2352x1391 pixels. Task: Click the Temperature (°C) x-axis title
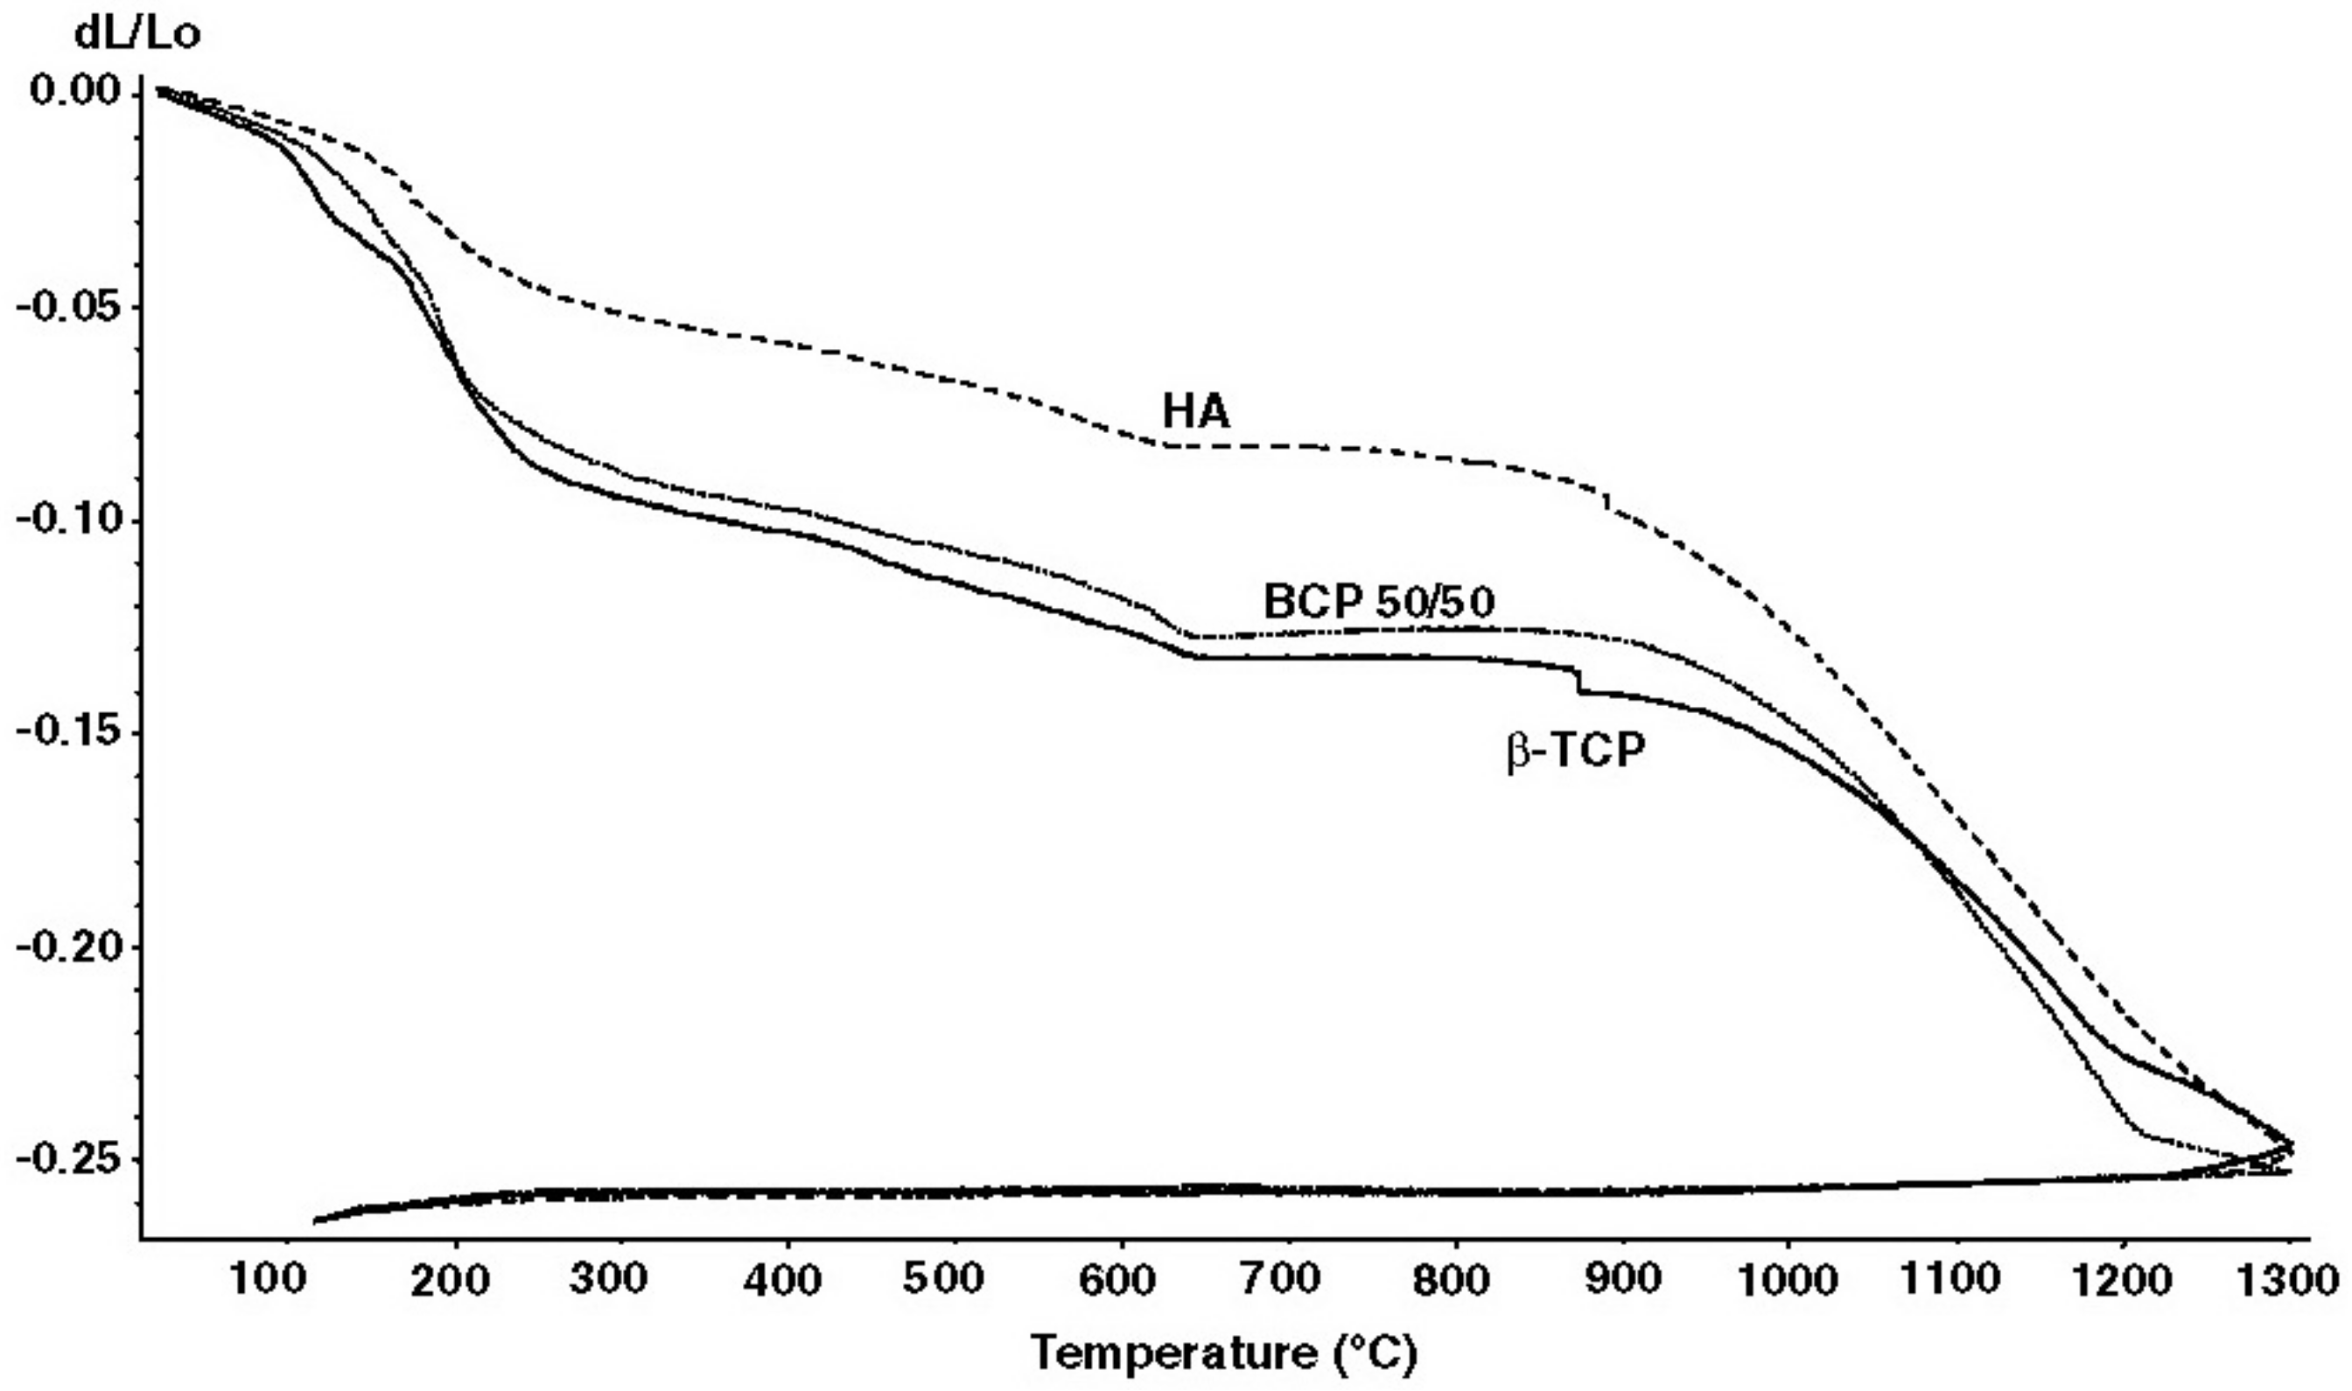click(1224, 1353)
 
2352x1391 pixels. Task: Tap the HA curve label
click(1195, 410)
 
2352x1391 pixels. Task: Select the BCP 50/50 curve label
click(1378, 602)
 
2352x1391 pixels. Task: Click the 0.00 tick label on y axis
click(75, 91)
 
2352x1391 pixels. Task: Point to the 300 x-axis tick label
click(607, 1278)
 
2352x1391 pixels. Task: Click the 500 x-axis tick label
click(943, 1278)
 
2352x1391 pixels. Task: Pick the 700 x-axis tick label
click(1279, 1278)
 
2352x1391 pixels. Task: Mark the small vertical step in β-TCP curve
click(1578, 680)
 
